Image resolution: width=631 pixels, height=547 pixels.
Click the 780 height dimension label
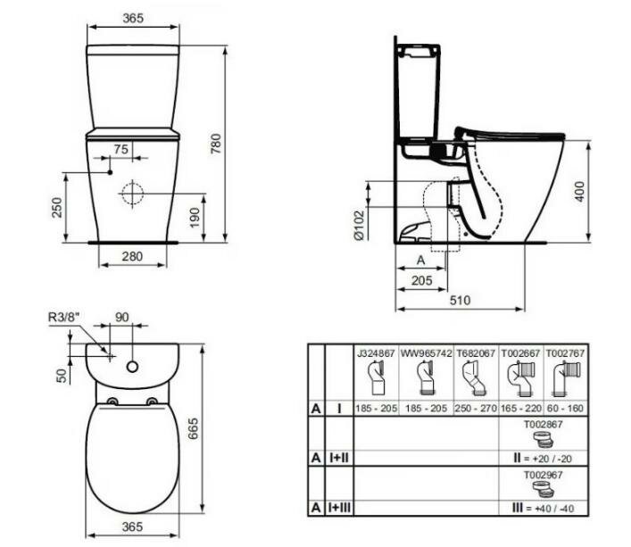[x=216, y=144]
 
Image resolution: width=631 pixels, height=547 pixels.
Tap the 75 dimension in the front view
[x=120, y=149]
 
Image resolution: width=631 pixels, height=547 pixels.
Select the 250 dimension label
[x=57, y=208]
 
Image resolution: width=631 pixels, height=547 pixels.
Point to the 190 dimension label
[x=195, y=218]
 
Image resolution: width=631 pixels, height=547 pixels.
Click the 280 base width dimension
[x=132, y=256]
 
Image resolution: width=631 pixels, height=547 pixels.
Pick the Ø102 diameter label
[x=359, y=225]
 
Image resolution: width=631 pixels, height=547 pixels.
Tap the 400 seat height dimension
[x=579, y=192]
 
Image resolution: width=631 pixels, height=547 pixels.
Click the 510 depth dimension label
[x=460, y=300]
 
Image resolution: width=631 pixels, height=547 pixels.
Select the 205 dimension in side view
[x=422, y=280]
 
